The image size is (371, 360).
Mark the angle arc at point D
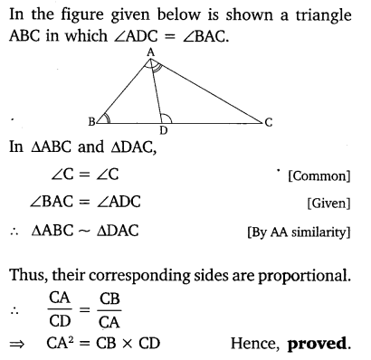166,117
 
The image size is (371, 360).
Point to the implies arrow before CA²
17,345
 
